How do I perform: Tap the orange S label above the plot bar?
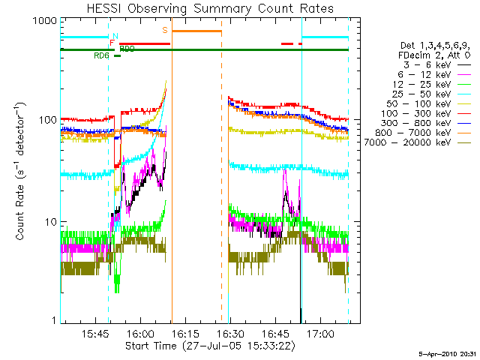pyautogui.click(x=165, y=30)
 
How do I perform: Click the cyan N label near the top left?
pyautogui.click(x=114, y=35)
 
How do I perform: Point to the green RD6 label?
pyautogui.click(x=101, y=55)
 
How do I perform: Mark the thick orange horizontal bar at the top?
pyautogui.click(x=196, y=31)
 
